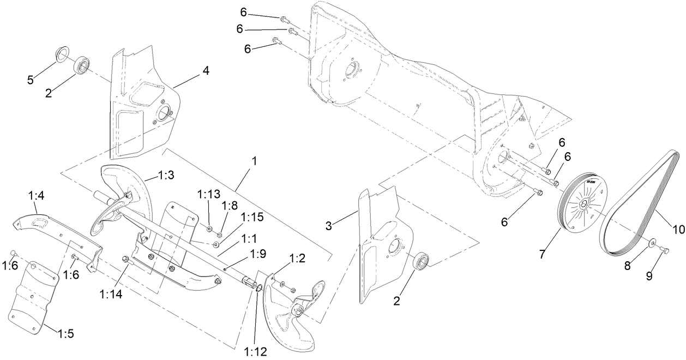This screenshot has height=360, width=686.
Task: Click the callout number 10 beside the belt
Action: (678, 230)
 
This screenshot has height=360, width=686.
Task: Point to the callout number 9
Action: (649, 276)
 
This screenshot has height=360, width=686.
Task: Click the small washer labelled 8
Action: (652, 242)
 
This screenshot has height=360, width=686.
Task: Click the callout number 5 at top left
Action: (31, 80)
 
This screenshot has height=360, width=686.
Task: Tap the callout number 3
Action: (328, 226)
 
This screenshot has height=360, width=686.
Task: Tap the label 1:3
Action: (166, 175)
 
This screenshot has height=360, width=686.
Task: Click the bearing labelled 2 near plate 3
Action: (422, 261)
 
